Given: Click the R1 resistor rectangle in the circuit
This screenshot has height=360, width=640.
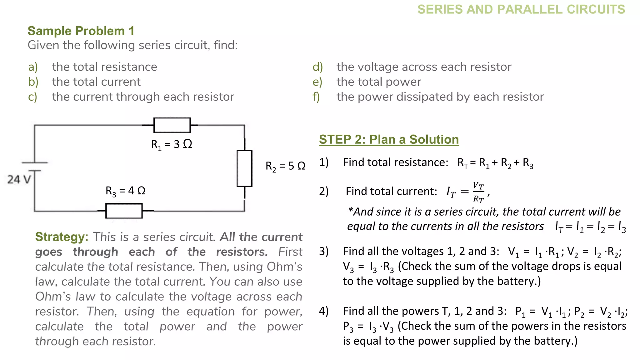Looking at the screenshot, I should point(172,125).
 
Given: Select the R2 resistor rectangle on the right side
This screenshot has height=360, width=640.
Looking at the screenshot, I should point(244,168).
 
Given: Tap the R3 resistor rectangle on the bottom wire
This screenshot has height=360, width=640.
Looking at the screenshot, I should point(124,211).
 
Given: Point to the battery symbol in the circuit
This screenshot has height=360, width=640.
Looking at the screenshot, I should point(34,167).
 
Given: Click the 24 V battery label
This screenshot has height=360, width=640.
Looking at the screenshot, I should point(19,180).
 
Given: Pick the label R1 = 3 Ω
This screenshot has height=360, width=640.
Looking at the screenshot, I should point(172,144).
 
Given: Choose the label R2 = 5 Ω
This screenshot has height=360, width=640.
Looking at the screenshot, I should point(285,166).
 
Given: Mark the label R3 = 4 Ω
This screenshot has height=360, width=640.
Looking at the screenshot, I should point(125,191).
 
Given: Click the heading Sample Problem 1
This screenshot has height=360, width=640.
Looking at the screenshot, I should point(81,31).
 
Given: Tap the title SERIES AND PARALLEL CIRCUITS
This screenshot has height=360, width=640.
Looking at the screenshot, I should point(521,9).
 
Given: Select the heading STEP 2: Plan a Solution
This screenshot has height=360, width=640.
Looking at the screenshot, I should point(389,139).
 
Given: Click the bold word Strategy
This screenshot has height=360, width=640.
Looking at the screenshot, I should point(62,237).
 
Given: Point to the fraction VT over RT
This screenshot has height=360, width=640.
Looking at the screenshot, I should point(478,192).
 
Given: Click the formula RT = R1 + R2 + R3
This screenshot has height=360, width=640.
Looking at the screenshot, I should point(495,163).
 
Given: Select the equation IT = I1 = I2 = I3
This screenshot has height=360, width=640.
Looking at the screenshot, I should point(590,227).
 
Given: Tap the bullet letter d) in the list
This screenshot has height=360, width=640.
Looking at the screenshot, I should point(317,67).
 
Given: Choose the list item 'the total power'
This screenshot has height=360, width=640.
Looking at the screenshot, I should point(379,82).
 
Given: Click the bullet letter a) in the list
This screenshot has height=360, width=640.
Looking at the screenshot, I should point(33,67).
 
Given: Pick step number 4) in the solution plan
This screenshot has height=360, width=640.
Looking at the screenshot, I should point(324,311).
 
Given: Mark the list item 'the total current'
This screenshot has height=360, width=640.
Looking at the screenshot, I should point(96,82).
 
